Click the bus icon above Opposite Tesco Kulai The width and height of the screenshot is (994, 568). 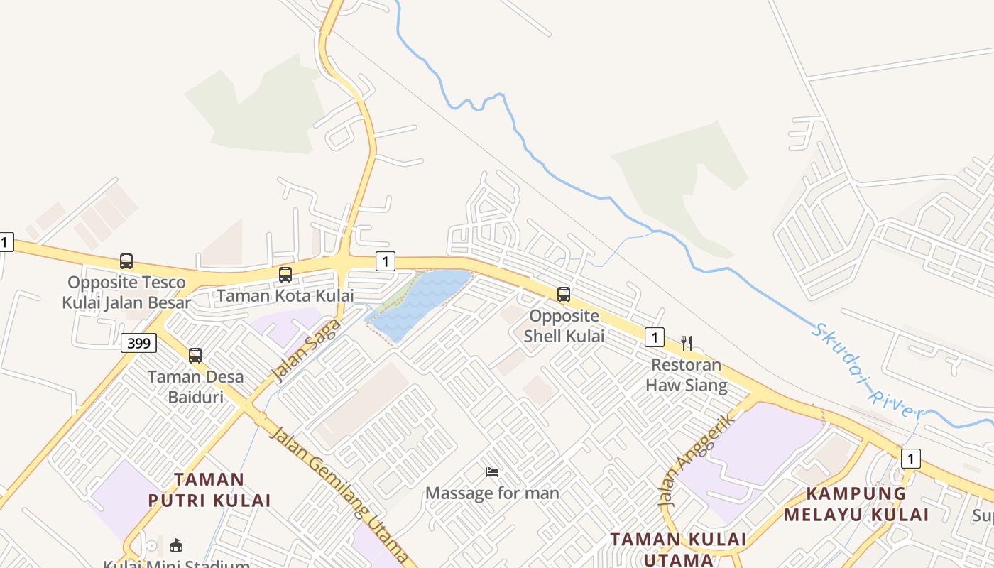point(126,261)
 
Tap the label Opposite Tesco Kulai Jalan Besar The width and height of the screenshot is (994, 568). point(126,293)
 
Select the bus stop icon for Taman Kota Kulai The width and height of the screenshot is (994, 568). point(285,275)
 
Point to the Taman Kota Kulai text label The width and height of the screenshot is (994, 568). point(285,295)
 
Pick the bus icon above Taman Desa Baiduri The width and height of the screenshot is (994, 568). point(195,355)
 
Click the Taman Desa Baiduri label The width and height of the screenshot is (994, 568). point(195,387)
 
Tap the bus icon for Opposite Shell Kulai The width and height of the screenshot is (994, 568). point(564,294)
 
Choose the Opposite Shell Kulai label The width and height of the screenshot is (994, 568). point(564,326)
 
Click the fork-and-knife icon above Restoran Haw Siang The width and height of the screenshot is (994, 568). point(687,344)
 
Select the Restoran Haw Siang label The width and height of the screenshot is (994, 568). point(687,376)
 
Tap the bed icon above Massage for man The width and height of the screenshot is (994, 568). point(492,472)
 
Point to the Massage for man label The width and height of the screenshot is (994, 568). point(492,493)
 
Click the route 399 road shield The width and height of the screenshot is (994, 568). point(138,344)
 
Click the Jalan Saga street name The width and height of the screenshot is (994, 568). point(307,350)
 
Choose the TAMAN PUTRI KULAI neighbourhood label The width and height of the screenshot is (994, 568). point(209,490)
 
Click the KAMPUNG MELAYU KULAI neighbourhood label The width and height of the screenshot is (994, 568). point(856,504)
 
